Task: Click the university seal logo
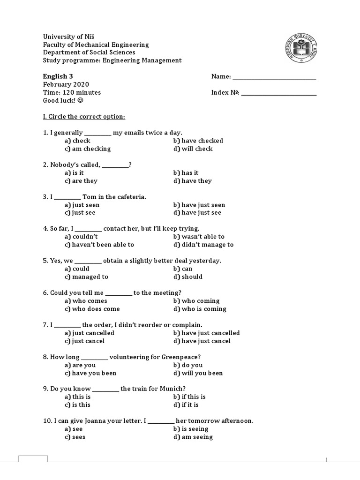(x=300, y=48)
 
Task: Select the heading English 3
(x=58, y=76)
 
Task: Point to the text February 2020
(x=66, y=84)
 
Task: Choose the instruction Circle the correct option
(x=84, y=116)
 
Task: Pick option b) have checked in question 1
(x=198, y=141)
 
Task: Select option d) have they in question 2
(x=192, y=181)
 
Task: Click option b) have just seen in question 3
(x=199, y=205)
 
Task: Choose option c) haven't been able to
(x=99, y=245)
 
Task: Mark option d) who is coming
(x=200, y=309)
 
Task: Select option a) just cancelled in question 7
(x=90, y=333)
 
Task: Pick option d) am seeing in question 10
(x=193, y=437)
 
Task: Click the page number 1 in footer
(x=327, y=459)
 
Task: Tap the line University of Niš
(x=72, y=37)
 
